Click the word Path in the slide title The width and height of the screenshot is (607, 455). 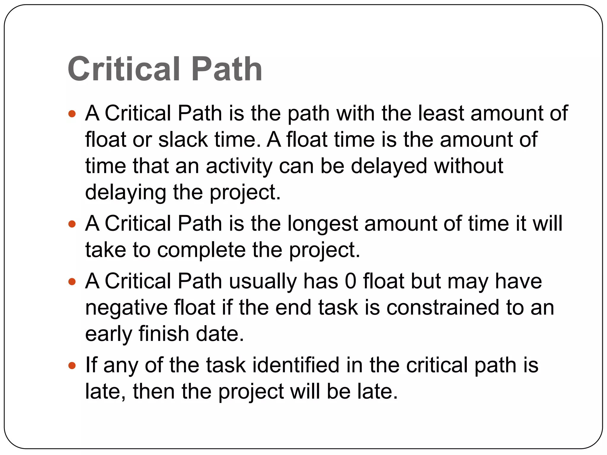pyautogui.click(x=227, y=69)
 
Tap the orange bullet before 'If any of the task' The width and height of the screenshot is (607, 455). pyautogui.click(x=72, y=366)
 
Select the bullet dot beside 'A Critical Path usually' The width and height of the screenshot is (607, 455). pyautogui.click(x=72, y=281)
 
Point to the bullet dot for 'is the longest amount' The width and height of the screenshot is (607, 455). pyautogui.click(x=72, y=224)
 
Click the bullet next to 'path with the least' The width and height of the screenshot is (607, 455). pyautogui.click(x=72, y=113)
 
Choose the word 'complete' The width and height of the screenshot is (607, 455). pyautogui.click(x=201, y=250)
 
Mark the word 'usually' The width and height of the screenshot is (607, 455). pyautogui.click(x=263, y=282)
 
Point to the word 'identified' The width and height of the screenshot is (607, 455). pyautogui.click(x=296, y=365)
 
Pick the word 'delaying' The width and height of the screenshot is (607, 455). pyautogui.click(x=126, y=193)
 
